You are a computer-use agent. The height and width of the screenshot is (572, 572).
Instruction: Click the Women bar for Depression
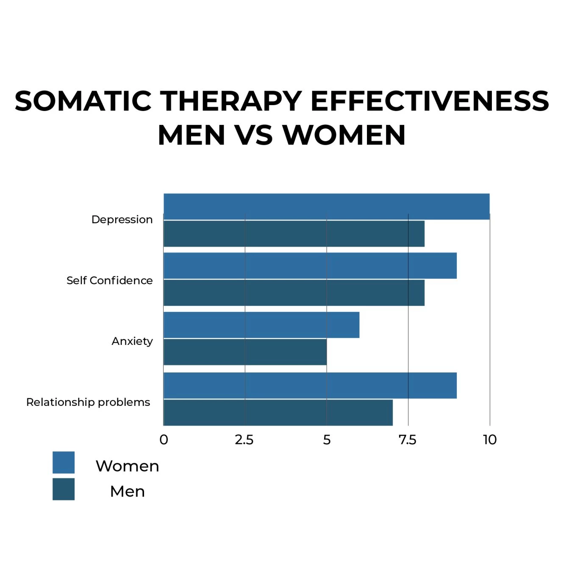tap(326, 207)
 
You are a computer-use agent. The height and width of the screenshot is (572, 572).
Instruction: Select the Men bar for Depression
tap(294, 233)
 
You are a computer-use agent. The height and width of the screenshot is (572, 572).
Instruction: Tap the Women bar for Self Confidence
tap(310, 266)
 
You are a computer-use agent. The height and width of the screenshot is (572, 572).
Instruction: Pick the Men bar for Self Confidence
tap(294, 292)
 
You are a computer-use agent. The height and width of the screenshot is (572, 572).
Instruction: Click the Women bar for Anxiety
tap(261, 325)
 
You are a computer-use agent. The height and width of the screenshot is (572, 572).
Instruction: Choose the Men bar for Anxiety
tap(245, 352)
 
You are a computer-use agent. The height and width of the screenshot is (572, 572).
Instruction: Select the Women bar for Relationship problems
tap(310, 386)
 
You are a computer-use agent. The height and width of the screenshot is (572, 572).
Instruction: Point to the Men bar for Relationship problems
tap(278, 412)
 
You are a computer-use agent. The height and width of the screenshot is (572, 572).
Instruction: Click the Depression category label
tap(122, 219)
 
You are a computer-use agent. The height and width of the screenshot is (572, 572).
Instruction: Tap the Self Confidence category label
tap(109, 280)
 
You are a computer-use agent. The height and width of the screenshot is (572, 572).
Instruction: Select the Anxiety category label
tap(132, 341)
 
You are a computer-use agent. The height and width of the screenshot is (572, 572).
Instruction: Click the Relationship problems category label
tap(88, 402)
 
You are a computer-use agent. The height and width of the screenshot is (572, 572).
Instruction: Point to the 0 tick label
tap(164, 440)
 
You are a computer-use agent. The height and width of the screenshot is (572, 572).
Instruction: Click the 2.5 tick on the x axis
tap(244, 440)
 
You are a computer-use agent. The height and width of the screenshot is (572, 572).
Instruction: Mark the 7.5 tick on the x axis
tap(408, 440)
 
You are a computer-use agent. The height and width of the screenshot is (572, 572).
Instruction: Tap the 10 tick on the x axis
tap(490, 440)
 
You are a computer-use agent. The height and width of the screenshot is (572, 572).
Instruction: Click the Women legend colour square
tap(64, 462)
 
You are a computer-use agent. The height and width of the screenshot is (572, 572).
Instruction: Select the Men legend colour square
tap(64, 489)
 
